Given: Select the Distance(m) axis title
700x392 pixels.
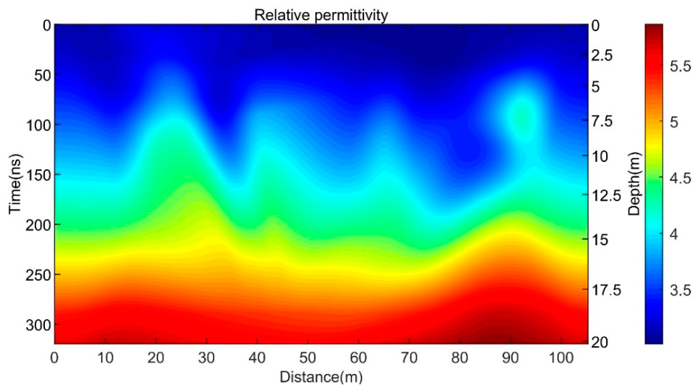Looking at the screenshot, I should coord(321,377).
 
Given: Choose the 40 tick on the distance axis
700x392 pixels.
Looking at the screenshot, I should coord(257,358).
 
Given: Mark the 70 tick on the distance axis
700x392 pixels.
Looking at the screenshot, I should coord(409,358).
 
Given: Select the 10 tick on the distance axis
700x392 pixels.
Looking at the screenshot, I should coord(105,358).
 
